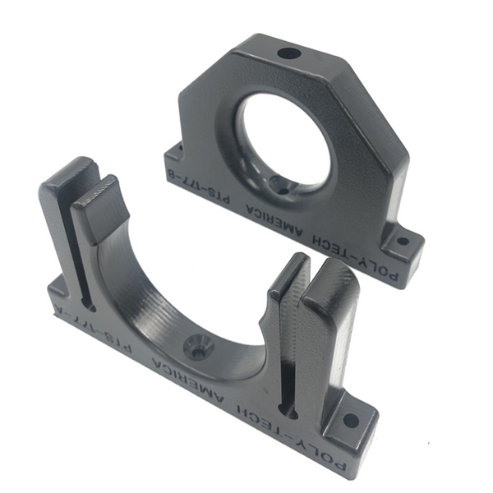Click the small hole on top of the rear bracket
(288, 54)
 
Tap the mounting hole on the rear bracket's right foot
(403, 242)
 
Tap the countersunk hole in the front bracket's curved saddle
(198, 347)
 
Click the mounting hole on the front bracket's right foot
(350, 420)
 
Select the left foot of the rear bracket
(174, 153)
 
